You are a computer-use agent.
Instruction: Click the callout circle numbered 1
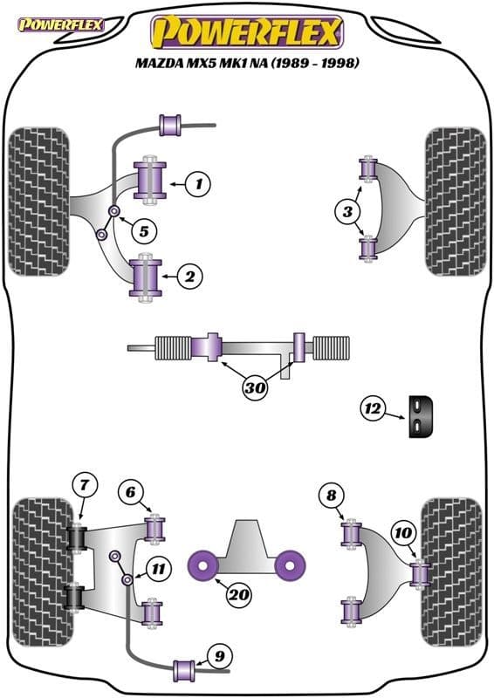[199, 184]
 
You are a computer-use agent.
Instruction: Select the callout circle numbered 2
[190, 277]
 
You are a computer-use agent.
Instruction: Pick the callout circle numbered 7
[84, 485]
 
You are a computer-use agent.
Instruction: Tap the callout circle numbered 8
[331, 496]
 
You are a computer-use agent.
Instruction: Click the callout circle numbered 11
[158, 570]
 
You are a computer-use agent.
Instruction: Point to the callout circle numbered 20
[237, 596]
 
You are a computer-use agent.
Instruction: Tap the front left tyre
[38, 202]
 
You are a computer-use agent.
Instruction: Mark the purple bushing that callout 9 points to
[185, 669]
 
